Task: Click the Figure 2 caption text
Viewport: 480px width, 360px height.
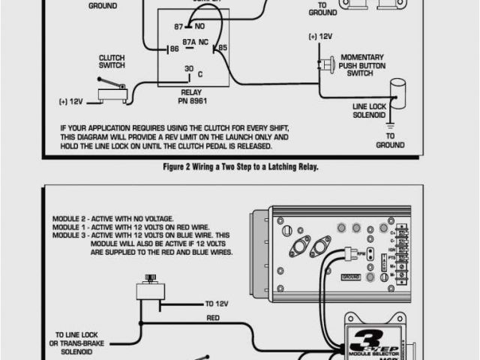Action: (x=240, y=167)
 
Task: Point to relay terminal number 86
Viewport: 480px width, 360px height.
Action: (x=173, y=49)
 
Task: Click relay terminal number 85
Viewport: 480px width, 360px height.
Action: (x=221, y=49)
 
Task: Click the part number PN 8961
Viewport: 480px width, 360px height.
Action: (x=192, y=100)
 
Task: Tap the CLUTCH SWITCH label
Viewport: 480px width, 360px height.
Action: (x=112, y=61)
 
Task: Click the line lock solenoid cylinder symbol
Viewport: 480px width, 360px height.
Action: (x=396, y=91)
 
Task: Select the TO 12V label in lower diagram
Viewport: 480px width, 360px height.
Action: (x=218, y=304)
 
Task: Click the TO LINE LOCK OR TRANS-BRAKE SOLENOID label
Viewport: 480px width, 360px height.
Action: (x=84, y=343)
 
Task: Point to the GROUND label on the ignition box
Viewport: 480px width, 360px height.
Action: (x=351, y=277)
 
